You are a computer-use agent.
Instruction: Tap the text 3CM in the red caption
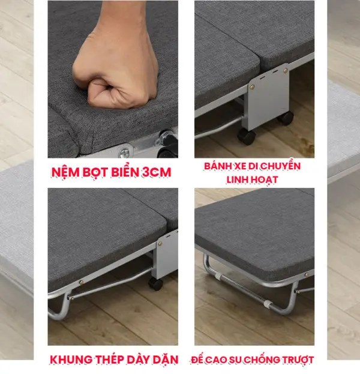[157, 172]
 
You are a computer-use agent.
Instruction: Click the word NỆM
[65, 172]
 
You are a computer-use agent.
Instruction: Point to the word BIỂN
[125, 172]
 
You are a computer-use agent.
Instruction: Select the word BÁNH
[218, 166]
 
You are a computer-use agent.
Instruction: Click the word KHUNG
[71, 360]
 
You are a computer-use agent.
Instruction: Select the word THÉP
[109, 359]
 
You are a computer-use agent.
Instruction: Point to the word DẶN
[166, 360]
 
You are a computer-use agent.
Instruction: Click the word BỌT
[95, 172]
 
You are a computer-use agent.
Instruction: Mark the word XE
[239, 166]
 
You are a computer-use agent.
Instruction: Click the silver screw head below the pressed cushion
[124, 152]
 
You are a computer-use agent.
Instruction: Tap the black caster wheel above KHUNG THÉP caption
[155, 284]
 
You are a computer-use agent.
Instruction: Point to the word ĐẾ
[197, 359]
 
